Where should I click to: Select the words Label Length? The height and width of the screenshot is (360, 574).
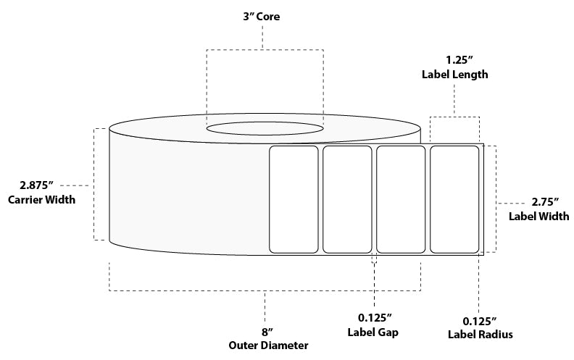coord(454,74)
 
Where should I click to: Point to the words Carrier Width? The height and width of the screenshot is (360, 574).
coord(42,200)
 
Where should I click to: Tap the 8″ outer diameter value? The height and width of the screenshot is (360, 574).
coord(266,332)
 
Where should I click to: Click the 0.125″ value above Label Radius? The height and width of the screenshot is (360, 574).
coord(478,321)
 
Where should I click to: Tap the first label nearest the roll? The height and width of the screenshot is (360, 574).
coord(294,199)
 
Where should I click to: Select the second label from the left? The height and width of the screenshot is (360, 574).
coord(347,199)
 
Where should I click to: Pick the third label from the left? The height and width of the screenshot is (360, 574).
coord(401,199)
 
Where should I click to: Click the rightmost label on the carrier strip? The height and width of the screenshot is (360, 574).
coord(454,199)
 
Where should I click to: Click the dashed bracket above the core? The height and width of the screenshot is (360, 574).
coord(265,49)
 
